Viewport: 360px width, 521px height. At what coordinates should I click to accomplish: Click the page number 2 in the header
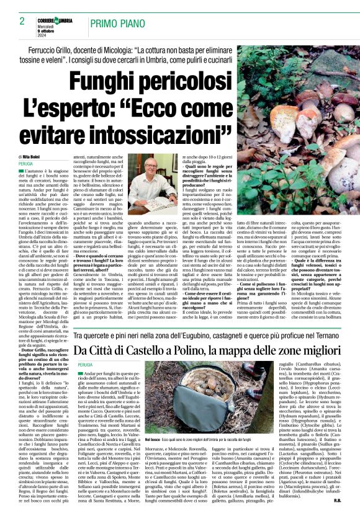[x=22, y=21]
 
